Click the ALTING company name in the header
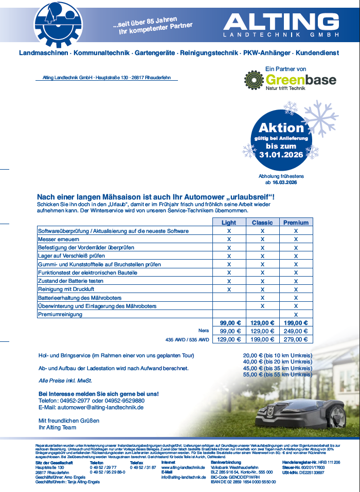point(281,22)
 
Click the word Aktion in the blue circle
point(281,128)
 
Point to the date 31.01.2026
point(281,154)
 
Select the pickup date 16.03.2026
point(284,183)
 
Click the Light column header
point(229,223)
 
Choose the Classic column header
point(262,223)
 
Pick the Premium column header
point(296,223)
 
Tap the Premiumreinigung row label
point(60,314)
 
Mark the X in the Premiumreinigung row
point(296,314)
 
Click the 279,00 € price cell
point(296,339)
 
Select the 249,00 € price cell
point(296,331)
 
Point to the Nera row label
point(204,331)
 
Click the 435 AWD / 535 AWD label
point(187,339)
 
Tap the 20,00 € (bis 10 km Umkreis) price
point(277,356)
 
